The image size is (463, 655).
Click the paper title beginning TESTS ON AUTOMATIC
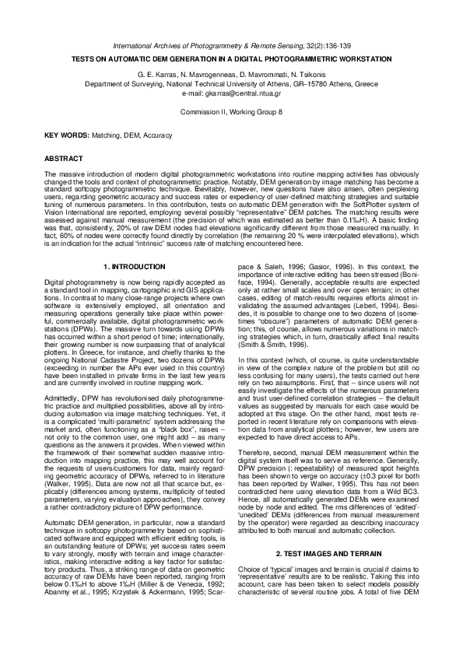[231, 59]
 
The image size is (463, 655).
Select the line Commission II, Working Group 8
[231, 113]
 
